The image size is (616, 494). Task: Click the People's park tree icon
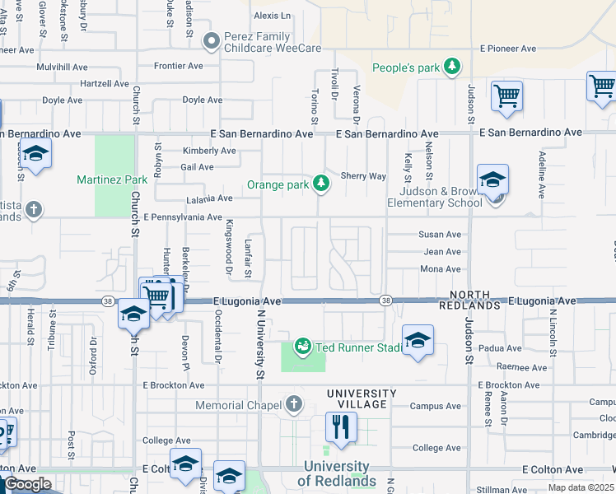point(451,67)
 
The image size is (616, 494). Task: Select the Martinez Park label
point(112,179)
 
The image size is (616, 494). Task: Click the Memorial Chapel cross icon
point(294,404)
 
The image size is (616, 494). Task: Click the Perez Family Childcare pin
point(212,40)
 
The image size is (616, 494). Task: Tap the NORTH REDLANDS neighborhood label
point(475,301)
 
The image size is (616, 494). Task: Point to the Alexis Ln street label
point(273,16)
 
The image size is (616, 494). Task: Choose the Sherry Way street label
point(363,176)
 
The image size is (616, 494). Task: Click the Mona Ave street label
point(441,269)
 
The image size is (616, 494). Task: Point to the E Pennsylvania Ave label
point(182,217)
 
